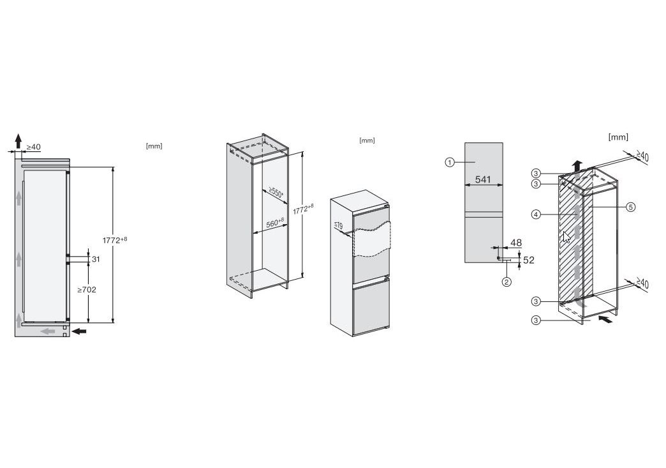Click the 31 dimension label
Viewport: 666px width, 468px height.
point(96,259)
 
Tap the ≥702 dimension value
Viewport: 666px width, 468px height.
point(87,289)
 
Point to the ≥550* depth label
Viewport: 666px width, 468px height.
point(276,193)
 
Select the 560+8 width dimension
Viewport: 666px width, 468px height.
point(275,223)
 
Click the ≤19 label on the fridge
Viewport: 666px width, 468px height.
point(338,225)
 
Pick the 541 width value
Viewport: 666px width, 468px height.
point(483,179)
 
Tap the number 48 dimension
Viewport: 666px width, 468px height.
point(515,243)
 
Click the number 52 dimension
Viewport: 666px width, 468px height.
point(528,260)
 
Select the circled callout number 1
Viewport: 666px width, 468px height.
point(450,162)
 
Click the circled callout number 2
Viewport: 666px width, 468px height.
point(507,282)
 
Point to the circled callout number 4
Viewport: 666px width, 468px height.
point(536,215)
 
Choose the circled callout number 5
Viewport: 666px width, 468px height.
point(631,207)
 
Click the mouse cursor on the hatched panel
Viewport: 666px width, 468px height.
point(566,237)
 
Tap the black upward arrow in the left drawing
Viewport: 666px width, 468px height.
point(18,141)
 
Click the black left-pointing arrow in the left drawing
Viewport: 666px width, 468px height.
point(79,331)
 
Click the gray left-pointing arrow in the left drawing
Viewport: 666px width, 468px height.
point(48,331)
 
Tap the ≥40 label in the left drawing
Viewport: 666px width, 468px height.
point(34,147)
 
